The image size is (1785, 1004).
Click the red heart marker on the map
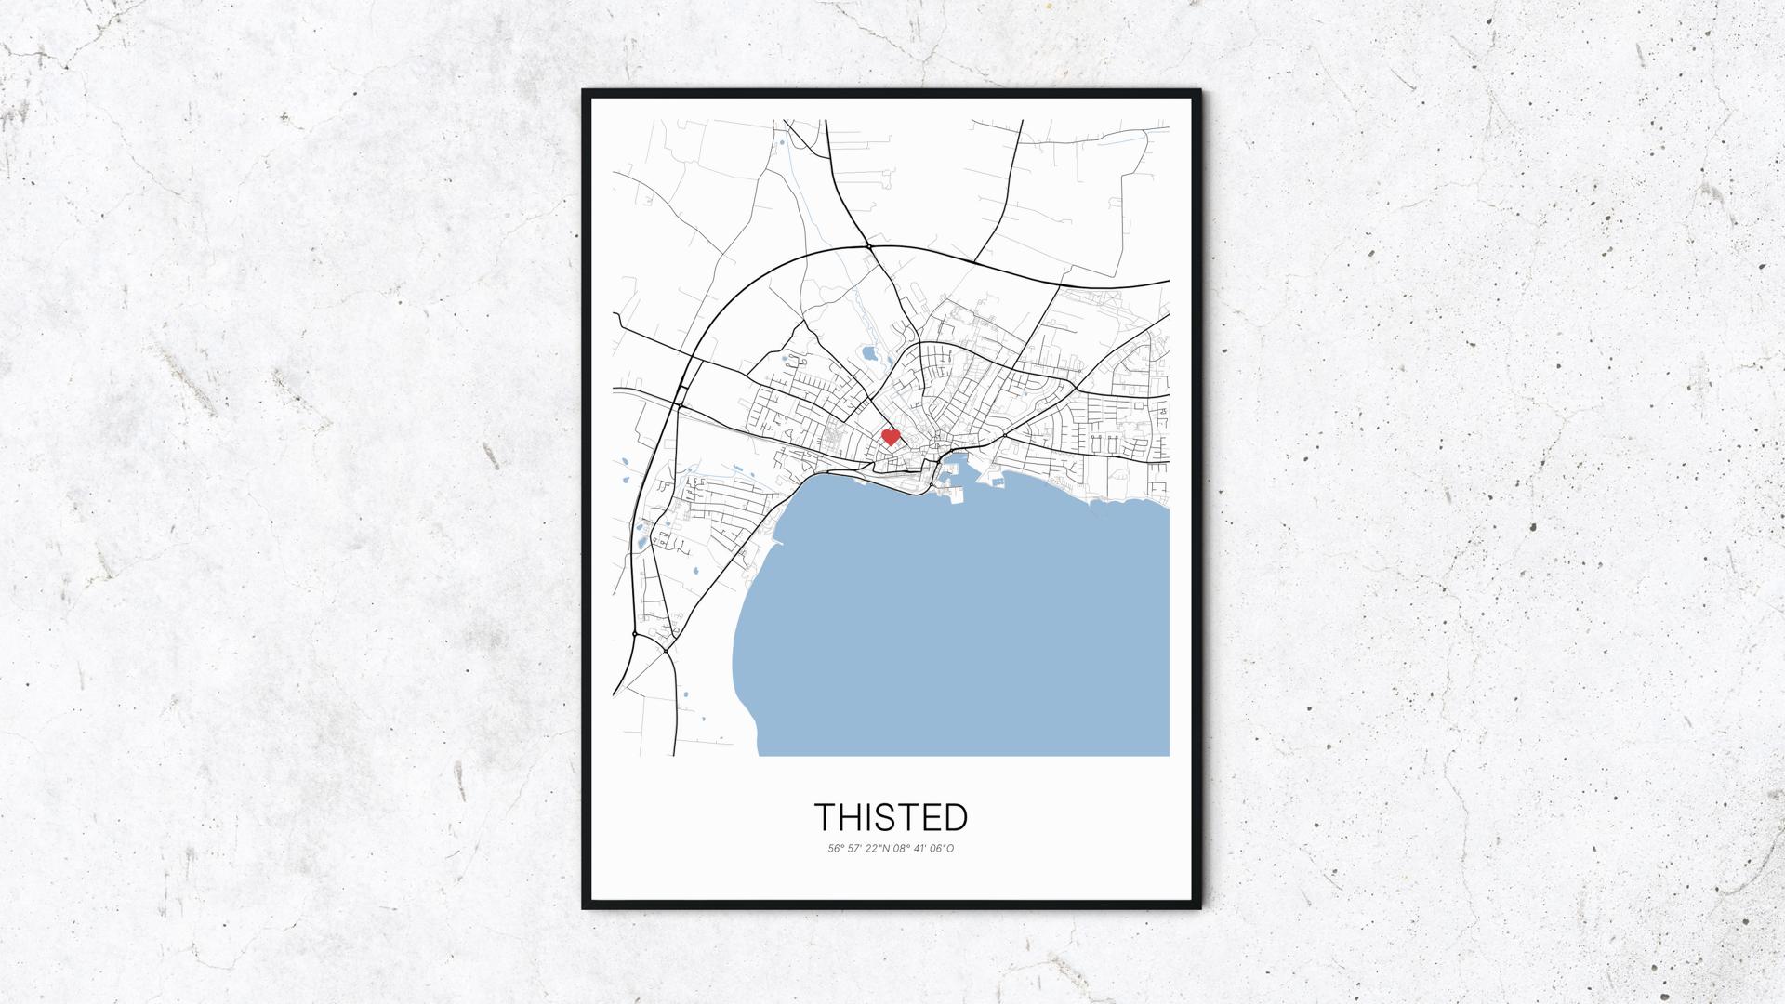point(891,437)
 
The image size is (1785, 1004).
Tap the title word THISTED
point(892,817)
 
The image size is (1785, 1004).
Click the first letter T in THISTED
point(826,817)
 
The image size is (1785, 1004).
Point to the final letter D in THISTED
point(956,817)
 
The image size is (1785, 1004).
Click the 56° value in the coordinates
point(835,849)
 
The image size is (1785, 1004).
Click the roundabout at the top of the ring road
point(866,246)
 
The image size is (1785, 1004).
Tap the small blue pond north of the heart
point(868,354)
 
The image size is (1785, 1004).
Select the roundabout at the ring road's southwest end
point(634,634)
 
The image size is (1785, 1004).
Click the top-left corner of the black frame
point(585,92)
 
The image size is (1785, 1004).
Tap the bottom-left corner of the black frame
point(585,907)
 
